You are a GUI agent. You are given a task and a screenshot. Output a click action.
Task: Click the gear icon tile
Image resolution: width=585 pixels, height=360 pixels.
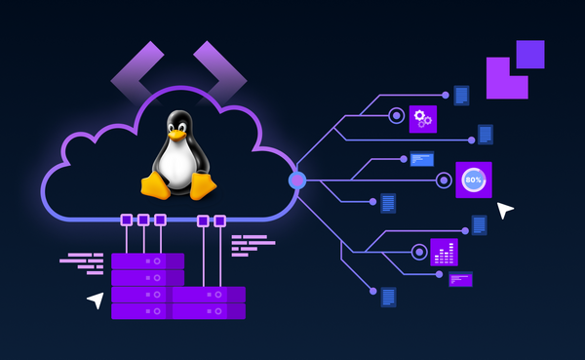tap(422, 119)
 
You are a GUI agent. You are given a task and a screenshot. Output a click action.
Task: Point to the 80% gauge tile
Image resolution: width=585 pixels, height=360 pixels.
tap(474, 180)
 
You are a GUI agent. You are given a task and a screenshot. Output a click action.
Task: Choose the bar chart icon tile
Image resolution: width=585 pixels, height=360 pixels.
tap(444, 252)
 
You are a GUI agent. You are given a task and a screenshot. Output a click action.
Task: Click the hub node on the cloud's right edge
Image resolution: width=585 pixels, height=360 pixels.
tap(297, 180)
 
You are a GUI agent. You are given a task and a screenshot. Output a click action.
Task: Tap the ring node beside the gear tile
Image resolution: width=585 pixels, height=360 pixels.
tap(396, 115)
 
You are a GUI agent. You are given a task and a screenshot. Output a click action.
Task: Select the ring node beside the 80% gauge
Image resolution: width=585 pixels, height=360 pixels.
tap(444, 180)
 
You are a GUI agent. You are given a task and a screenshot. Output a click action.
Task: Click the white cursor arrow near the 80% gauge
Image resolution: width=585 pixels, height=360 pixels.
tap(504, 210)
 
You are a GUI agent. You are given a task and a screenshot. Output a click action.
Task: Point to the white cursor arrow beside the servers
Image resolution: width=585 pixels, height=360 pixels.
tap(96, 300)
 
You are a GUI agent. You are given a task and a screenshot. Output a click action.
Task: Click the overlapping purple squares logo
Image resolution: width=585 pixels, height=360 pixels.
tap(515, 69)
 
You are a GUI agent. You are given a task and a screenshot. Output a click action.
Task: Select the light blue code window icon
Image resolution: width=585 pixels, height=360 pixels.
tap(422, 158)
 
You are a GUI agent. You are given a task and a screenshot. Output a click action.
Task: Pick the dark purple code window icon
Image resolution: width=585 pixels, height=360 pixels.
tap(460, 279)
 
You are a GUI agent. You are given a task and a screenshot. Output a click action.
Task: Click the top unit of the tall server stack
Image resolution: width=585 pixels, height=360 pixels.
tap(147, 260)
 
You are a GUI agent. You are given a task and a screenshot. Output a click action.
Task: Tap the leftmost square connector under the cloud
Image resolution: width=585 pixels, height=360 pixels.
tap(127, 220)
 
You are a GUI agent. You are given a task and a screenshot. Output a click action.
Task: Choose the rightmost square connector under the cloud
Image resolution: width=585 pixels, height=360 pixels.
tap(219, 221)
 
